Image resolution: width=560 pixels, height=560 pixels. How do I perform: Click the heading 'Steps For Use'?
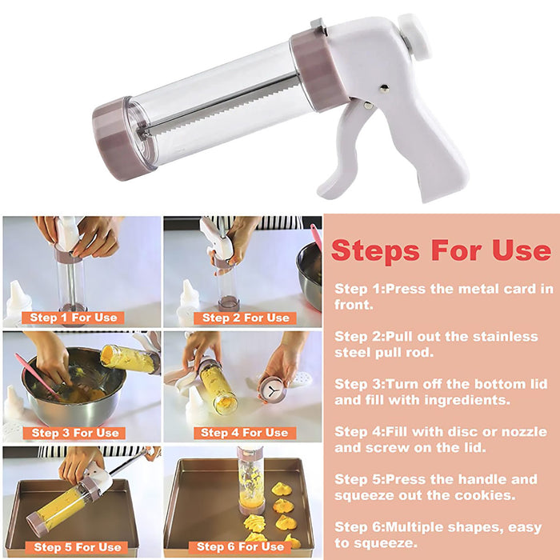tap(441, 250)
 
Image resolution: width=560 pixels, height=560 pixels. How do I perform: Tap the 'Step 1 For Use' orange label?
tap(73, 318)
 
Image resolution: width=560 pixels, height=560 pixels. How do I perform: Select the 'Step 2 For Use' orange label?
tap(246, 318)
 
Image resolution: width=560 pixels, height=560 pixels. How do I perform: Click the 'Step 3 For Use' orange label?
tap(74, 433)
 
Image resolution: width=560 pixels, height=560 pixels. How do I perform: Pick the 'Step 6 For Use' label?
tap(240, 547)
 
